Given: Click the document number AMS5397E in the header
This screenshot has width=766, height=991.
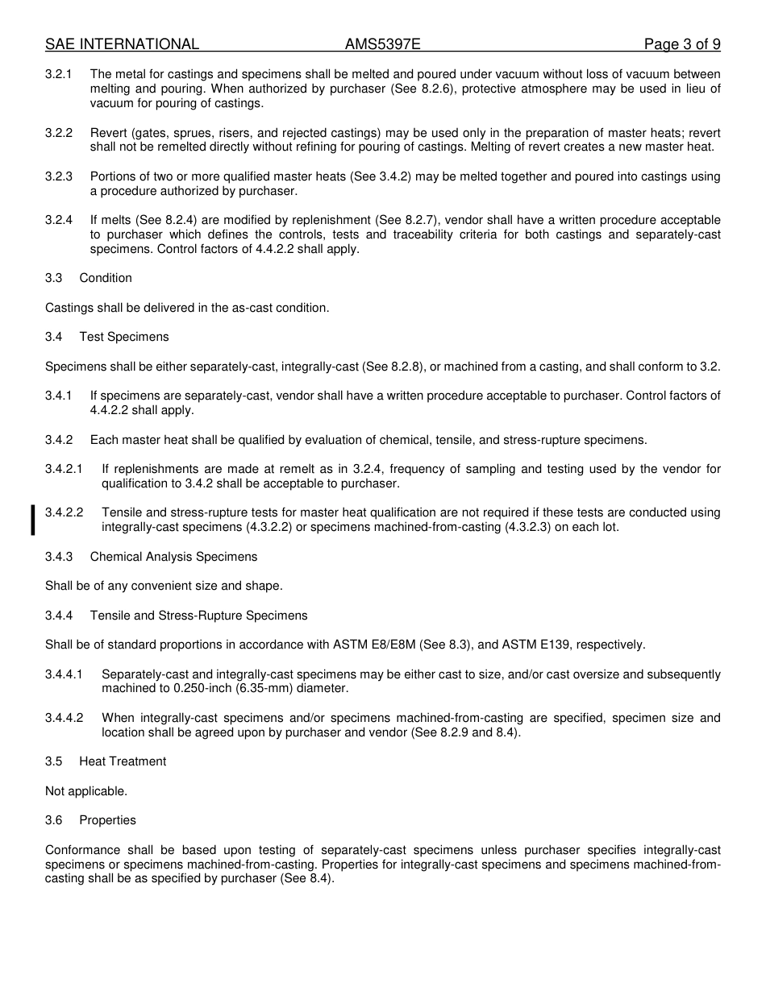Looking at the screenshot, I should coord(383,44).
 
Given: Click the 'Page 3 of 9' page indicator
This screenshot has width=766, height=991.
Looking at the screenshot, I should coord(682,44).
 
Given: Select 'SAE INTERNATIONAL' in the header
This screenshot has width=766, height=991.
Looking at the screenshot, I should coord(122,44).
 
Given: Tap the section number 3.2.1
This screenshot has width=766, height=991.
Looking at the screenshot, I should coord(59,74).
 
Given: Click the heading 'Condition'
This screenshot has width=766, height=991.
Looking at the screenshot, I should coord(106,278).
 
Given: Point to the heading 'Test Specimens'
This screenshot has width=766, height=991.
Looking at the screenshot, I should coord(124,337).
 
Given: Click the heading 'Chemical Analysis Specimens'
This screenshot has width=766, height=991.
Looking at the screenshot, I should coord(173,557).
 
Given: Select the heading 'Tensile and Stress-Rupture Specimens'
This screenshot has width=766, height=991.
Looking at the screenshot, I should coord(198,616).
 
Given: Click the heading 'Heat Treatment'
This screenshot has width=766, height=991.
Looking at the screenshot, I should coord(123,761).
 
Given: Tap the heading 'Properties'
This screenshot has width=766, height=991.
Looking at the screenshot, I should coord(107,820).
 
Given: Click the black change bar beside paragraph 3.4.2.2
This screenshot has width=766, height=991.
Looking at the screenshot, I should coord(33,520).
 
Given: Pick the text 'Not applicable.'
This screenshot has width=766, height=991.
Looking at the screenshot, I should coord(86,791).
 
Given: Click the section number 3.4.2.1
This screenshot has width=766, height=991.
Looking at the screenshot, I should coord(64,469).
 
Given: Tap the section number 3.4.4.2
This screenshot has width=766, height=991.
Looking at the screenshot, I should coord(64,718).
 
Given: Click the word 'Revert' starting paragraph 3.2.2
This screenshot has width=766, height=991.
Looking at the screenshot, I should coord(107,133).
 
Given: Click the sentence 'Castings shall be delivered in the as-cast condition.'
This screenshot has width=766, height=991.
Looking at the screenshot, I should coord(187,308).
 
